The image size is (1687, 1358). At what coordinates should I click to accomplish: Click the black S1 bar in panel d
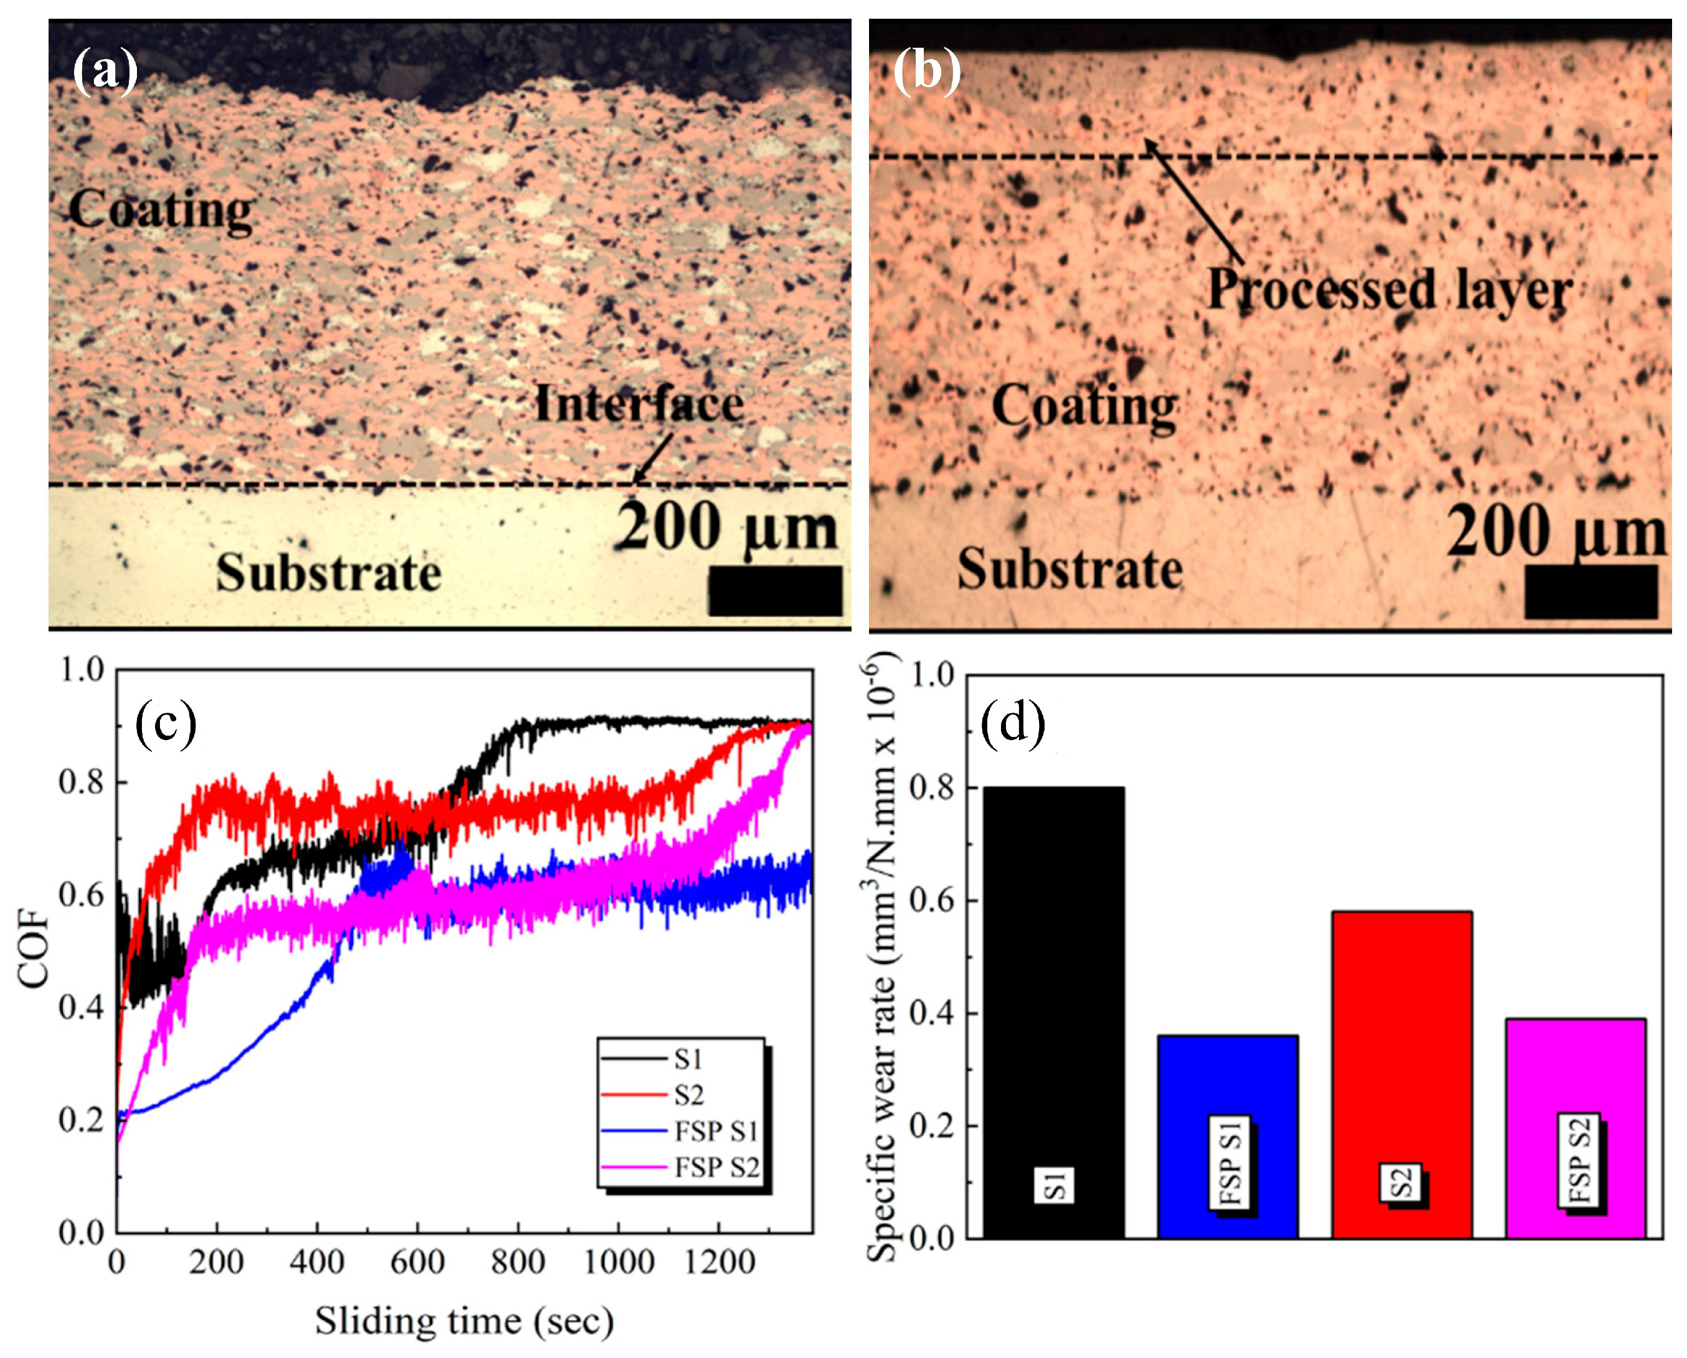(x=1053, y=1009)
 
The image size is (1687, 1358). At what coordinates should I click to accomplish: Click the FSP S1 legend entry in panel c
(x=715, y=1131)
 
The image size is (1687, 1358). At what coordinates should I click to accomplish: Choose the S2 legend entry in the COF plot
(x=688, y=1095)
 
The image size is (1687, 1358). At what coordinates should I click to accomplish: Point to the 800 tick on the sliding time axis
(x=517, y=1261)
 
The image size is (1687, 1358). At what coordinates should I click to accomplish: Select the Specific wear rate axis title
(x=882, y=962)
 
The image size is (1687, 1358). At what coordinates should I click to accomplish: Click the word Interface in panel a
(x=639, y=405)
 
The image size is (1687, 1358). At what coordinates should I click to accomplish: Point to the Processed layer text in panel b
(x=1389, y=289)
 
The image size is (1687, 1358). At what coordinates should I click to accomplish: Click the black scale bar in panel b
(x=1591, y=591)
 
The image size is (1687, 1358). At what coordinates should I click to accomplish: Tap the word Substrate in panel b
(x=1069, y=569)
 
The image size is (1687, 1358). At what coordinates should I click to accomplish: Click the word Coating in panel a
(x=161, y=210)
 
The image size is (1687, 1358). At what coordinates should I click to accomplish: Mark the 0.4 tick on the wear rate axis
(x=932, y=1013)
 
